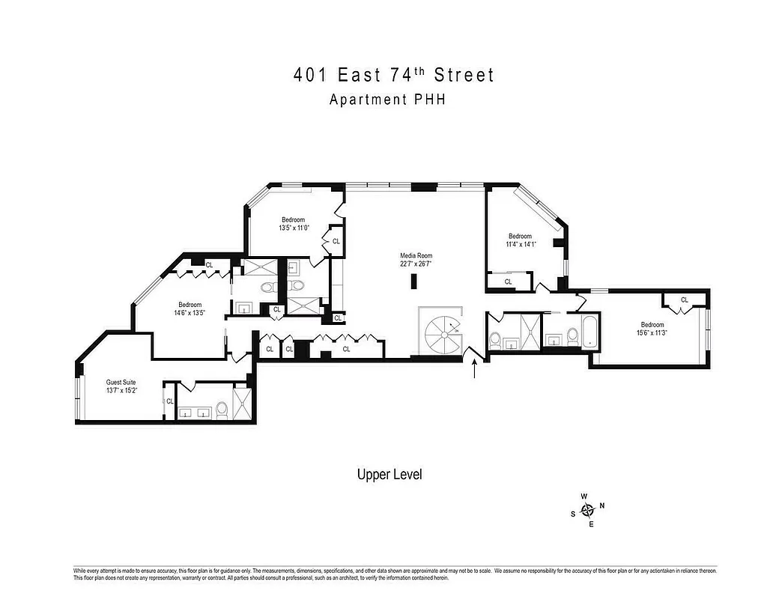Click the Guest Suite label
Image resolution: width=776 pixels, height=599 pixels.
(121, 382)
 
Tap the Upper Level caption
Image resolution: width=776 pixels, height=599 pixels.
(389, 475)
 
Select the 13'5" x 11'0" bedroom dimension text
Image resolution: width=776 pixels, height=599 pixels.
(293, 228)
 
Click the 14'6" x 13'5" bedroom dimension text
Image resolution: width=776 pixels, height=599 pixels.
(190, 313)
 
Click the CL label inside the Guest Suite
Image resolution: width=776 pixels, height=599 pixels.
(170, 401)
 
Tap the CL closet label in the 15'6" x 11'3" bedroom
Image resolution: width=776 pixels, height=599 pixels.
(685, 300)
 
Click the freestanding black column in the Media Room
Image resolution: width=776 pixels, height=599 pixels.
(413, 282)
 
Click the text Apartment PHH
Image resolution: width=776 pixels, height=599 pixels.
(387, 99)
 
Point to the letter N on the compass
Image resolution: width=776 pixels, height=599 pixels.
(602, 505)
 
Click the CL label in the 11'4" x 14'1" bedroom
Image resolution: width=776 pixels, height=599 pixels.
(508, 282)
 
